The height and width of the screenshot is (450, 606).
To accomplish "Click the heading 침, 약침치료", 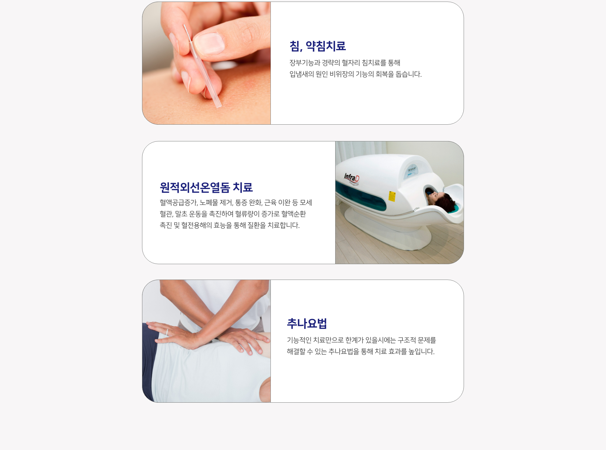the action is [318, 46].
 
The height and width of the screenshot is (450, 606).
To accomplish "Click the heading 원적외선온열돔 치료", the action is [206, 187].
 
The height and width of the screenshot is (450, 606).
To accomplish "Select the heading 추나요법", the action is [307, 323].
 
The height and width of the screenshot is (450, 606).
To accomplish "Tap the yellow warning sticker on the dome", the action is [392, 196].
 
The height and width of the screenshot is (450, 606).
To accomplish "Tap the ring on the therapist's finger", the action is [167, 332].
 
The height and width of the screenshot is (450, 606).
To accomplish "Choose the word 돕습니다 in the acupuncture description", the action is [408, 74].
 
